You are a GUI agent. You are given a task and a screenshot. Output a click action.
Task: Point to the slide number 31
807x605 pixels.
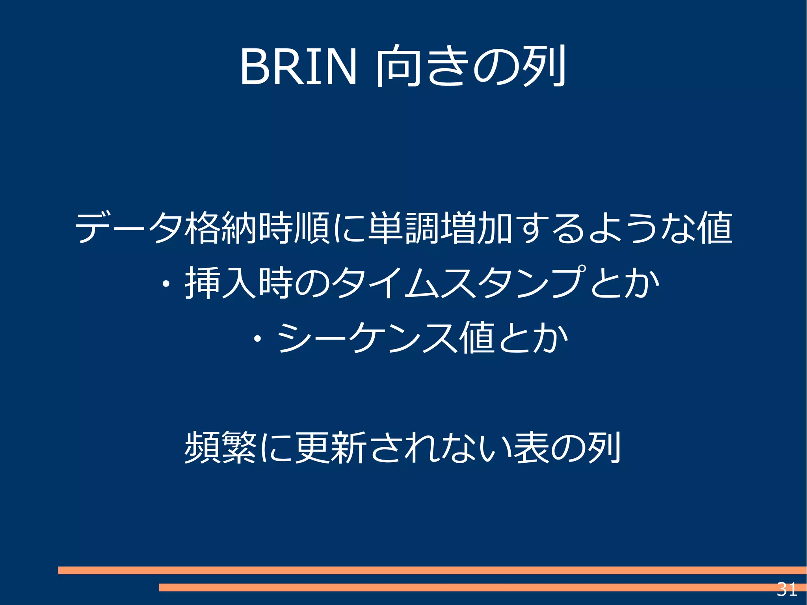(787, 589)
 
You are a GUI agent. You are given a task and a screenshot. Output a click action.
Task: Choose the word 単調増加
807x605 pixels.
(440, 228)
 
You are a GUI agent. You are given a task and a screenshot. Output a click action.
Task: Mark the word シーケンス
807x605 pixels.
(366, 337)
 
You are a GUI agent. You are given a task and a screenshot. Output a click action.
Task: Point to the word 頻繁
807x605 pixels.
(221, 447)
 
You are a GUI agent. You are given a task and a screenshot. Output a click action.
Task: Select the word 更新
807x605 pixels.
(331, 447)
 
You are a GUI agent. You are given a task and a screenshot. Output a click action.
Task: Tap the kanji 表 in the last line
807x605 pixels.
(530, 447)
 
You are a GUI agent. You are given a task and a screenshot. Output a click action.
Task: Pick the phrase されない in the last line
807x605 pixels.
(439, 447)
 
